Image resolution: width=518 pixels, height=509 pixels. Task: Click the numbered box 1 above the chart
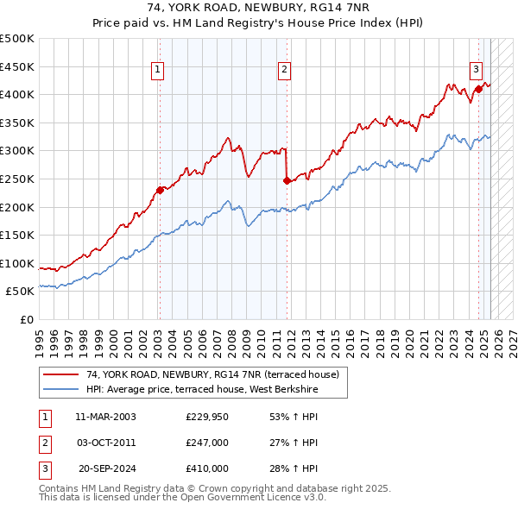[x=159, y=72]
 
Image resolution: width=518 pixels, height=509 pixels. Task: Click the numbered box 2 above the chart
[x=285, y=72]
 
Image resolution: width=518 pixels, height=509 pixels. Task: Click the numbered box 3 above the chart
[x=476, y=72]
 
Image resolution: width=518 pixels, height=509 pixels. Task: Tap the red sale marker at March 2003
[x=160, y=190]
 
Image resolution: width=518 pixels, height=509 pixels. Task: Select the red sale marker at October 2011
[x=287, y=180]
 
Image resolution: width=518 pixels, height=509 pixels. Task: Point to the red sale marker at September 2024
[x=478, y=88]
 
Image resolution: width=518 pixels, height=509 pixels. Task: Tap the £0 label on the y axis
[x=27, y=319]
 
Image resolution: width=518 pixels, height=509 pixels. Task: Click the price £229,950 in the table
[x=206, y=417]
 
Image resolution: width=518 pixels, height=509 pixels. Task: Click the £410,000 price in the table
[x=206, y=468]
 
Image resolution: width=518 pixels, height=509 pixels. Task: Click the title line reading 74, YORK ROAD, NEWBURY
[x=259, y=10]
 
